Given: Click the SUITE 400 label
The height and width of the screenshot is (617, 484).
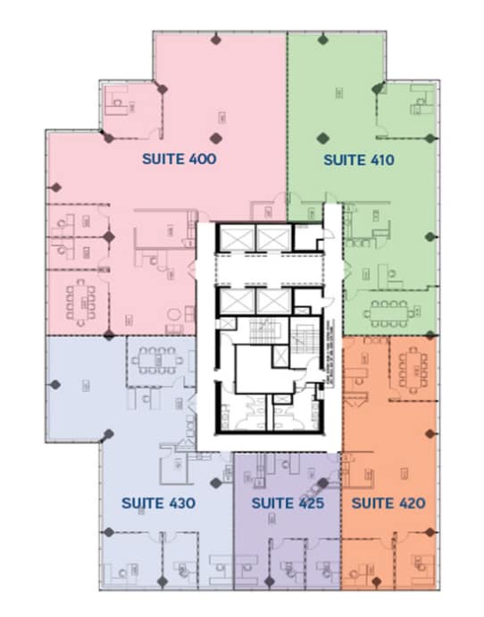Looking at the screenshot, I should coord(179,160).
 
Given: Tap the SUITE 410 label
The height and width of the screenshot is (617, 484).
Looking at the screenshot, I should coord(358,160).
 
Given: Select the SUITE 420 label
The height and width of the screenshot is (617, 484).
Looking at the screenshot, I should coord(388,504).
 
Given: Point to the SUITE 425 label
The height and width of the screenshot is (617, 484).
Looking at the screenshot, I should coord(287,504).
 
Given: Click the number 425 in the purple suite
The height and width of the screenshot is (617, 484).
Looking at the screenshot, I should coord(309,504).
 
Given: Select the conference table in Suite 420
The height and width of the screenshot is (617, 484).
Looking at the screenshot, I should coord(413,365).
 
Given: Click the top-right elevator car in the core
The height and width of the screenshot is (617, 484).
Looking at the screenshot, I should coord(270,237).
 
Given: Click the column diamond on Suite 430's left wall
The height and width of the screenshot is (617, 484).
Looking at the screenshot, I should coord(56,385).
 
